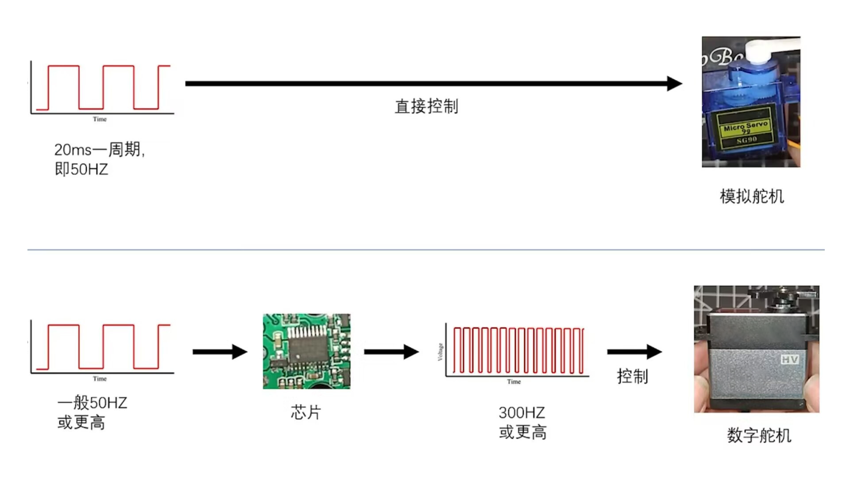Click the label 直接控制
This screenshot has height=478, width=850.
point(426,107)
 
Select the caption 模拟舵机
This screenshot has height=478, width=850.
point(752,197)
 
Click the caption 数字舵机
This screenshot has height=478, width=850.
point(759,436)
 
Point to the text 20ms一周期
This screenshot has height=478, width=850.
point(99,150)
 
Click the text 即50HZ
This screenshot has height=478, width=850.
point(81,169)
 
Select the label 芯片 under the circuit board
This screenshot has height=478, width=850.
point(305,412)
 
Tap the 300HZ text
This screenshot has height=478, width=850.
point(522,412)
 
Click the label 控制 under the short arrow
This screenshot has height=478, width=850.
point(632,377)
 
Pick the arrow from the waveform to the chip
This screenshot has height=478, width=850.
point(220,352)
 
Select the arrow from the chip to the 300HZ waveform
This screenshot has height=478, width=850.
point(391,352)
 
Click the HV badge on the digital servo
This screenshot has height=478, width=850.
point(790,359)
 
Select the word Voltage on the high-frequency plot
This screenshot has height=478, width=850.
point(440,352)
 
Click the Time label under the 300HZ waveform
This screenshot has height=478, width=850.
point(514,382)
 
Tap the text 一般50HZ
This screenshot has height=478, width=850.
point(92,403)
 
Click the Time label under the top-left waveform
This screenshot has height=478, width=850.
point(100,119)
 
